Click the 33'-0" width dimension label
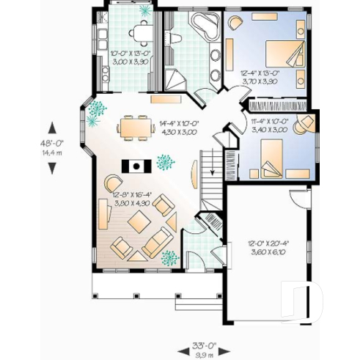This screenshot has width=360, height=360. (200, 345)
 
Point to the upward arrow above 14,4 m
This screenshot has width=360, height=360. (52, 127)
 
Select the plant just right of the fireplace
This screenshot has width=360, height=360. (164, 161)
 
